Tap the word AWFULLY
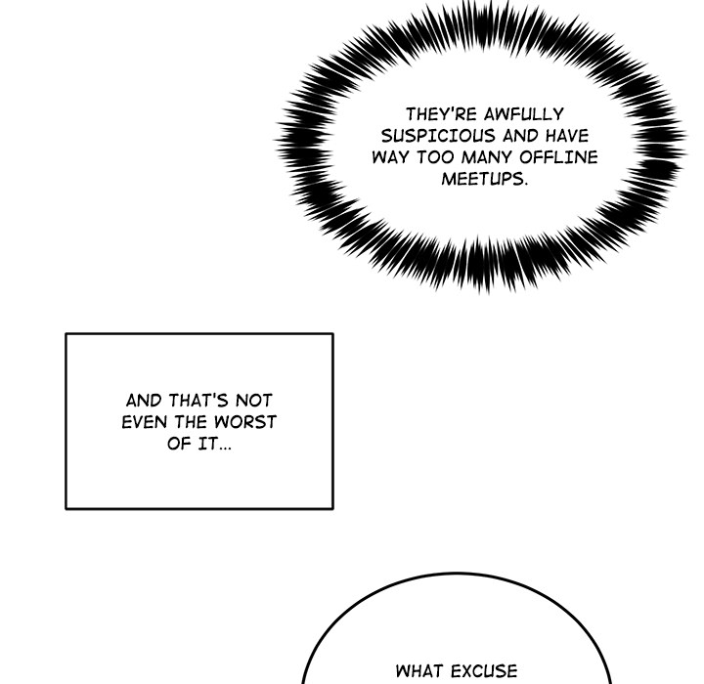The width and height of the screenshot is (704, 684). (x=523, y=114)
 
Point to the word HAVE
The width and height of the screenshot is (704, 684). (x=567, y=136)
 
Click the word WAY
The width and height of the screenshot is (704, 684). (x=390, y=157)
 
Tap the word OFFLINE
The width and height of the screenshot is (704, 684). (x=558, y=157)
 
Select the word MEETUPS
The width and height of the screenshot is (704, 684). (x=484, y=179)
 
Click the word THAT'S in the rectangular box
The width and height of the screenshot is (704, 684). (x=198, y=401)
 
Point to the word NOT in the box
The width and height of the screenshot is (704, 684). (x=254, y=401)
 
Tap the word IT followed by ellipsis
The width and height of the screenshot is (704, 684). (x=214, y=444)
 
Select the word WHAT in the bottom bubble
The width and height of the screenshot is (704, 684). (x=420, y=671)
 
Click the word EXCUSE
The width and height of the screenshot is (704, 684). (x=484, y=671)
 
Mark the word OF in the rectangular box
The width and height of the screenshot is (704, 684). (x=179, y=444)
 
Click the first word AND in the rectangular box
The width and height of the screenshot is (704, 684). (x=144, y=401)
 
